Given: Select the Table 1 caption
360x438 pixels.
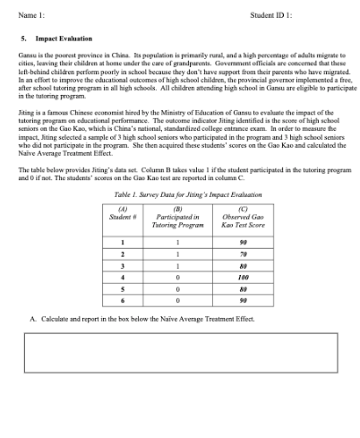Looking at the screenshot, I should [x=179, y=193].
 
